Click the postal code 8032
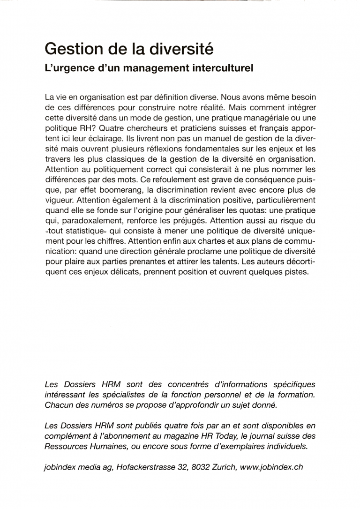coord(204,467)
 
